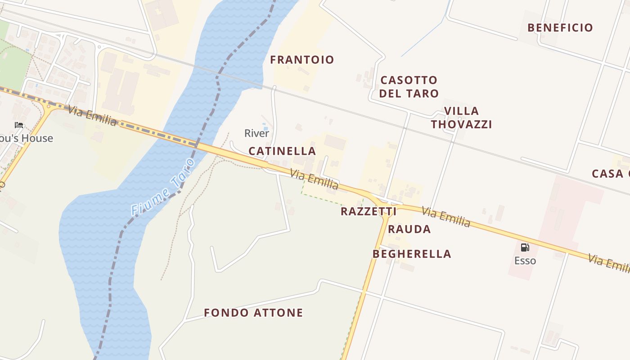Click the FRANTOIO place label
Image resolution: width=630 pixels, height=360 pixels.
302,60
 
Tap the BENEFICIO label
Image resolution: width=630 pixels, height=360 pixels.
560,28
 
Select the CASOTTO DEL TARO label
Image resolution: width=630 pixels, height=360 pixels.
409,87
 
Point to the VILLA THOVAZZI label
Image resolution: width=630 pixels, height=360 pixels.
461,117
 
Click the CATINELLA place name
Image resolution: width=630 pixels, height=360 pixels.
282,151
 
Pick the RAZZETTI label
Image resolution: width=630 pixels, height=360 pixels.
369,211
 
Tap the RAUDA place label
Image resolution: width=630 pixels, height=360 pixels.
409,229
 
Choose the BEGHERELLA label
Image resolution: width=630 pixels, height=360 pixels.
412,254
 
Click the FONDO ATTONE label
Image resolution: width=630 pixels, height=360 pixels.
253,313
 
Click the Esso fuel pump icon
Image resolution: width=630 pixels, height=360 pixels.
525,247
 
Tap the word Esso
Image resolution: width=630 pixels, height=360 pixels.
525,261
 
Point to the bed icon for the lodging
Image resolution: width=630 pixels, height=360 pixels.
19,125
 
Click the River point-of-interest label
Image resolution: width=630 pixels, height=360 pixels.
256,133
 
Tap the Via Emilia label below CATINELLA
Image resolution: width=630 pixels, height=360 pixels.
314,179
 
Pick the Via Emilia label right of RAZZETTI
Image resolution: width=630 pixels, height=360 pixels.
446,216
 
